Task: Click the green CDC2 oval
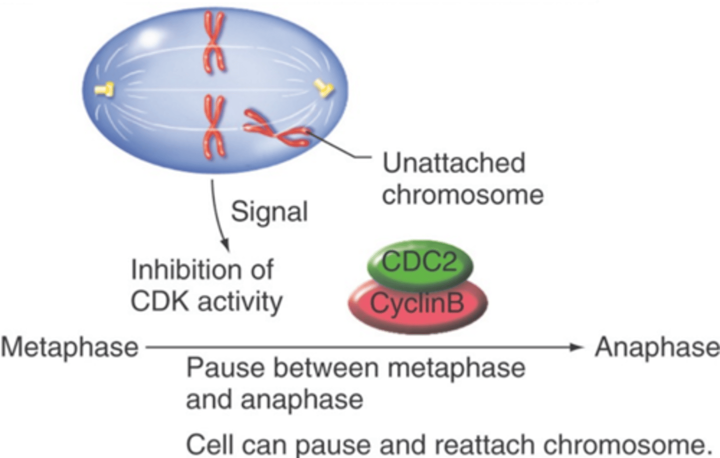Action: [419, 262]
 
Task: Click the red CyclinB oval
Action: [417, 303]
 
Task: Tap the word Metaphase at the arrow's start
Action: [69, 347]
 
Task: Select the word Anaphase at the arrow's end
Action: [656, 347]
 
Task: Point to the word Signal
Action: [269, 212]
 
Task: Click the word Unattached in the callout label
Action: [453, 163]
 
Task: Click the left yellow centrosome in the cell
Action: [104, 90]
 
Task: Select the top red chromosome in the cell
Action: [213, 43]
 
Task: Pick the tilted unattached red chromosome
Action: [275, 129]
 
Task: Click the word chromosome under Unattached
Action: [462, 195]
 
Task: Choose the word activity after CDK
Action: [240, 301]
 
